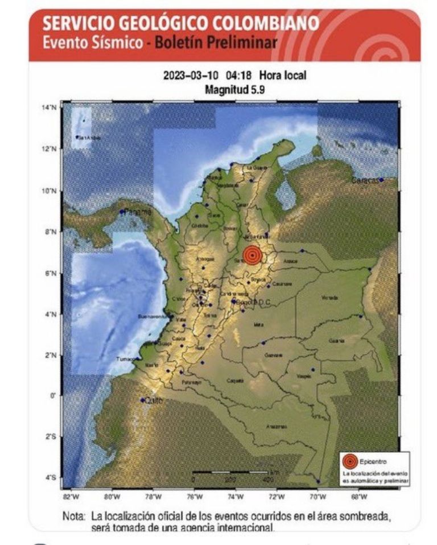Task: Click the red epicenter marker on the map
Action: (253, 255)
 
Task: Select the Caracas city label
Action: (364, 180)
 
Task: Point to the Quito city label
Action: (154, 401)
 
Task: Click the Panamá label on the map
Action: (139, 212)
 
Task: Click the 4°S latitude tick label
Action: (51, 478)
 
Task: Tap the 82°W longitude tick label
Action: (71, 497)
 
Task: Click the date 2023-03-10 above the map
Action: (187, 75)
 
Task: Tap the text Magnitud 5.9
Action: (234, 89)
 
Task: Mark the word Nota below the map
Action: (75, 517)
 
